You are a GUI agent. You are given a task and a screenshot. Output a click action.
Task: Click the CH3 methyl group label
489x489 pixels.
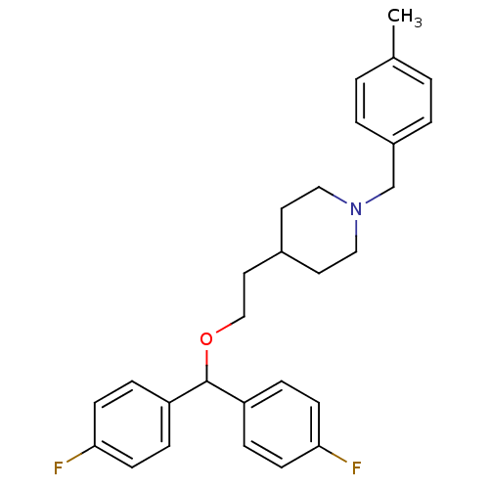pos(404,17)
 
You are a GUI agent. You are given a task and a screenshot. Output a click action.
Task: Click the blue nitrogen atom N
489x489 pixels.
pos(356,208)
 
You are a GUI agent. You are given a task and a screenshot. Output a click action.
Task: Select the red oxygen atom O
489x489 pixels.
pos(206,339)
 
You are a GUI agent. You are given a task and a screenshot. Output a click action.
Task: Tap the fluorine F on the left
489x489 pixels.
pos(58,468)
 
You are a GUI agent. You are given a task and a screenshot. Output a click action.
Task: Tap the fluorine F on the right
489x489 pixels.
pos(356,468)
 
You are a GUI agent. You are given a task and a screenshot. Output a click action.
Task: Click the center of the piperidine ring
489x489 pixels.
pos(319,230)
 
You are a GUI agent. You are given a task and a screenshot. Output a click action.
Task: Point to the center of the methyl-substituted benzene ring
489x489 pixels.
pos(393,101)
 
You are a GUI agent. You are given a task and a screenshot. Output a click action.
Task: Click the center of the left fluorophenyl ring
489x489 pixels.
pos(132,424)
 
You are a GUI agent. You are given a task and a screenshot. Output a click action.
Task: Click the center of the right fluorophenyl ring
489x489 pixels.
pos(282,424)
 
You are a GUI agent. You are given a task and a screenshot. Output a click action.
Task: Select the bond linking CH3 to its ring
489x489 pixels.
pos(393,42)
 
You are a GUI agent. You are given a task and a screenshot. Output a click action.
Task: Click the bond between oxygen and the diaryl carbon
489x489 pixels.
pos(206,365)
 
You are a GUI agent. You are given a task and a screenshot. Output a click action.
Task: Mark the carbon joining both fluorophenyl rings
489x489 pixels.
pos(206,380)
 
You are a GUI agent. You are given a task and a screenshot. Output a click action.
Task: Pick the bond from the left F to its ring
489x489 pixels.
pos(80,454)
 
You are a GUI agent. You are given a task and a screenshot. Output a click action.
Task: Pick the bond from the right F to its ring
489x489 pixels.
pos(333,454)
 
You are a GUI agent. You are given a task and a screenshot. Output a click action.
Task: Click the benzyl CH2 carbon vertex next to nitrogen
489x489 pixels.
pos(393,187)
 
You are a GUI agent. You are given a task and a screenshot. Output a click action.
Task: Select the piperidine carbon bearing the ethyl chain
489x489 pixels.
pos(282,251)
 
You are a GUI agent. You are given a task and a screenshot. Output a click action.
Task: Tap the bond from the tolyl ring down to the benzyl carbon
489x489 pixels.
pos(393,165)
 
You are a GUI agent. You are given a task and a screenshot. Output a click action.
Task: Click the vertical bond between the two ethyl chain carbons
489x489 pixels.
pos(244,294)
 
